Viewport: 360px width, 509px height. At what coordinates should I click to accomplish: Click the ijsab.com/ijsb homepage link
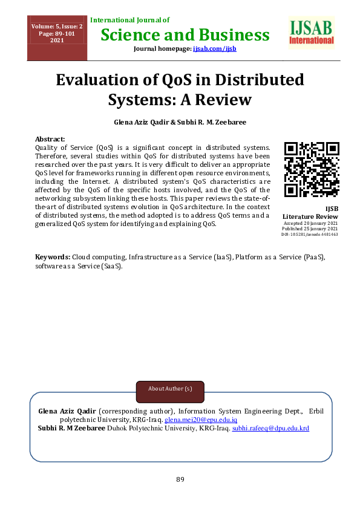click(214, 48)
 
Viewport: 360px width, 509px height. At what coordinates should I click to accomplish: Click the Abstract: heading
click(50, 139)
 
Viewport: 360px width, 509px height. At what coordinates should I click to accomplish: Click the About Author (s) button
click(170, 387)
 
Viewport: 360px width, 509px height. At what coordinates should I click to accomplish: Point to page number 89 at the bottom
click(180, 479)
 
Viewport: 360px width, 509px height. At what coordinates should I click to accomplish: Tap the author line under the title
click(180, 122)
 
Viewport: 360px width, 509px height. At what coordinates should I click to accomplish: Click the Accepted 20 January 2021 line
click(310, 223)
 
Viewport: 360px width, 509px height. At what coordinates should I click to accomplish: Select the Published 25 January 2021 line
click(310, 229)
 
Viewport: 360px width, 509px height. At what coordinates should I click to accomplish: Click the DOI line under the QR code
click(310, 234)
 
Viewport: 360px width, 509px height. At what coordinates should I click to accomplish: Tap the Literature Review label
click(310, 216)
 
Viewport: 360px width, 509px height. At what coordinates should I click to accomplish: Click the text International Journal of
click(130, 21)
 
